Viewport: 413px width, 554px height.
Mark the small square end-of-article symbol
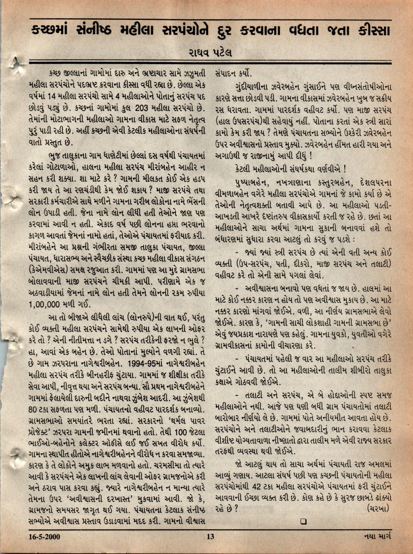pos(303,522)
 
